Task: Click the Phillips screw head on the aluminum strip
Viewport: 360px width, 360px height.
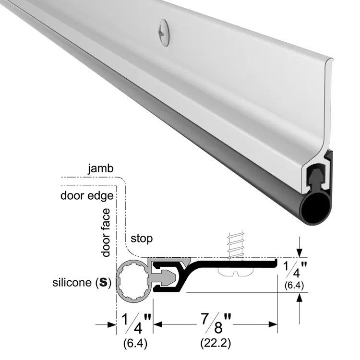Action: tap(164, 33)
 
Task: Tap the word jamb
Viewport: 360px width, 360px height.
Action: tap(101, 169)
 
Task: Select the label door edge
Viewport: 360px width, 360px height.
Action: tap(87, 196)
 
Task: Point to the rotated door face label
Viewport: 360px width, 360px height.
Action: tap(106, 232)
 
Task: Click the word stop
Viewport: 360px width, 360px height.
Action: tap(142, 239)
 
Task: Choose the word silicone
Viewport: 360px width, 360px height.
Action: tap(72, 282)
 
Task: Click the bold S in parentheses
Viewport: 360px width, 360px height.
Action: tap(103, 282)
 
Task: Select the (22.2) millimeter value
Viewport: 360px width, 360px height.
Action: tap(216, 344)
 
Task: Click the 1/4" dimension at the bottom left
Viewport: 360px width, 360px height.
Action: tap(136, 323)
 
